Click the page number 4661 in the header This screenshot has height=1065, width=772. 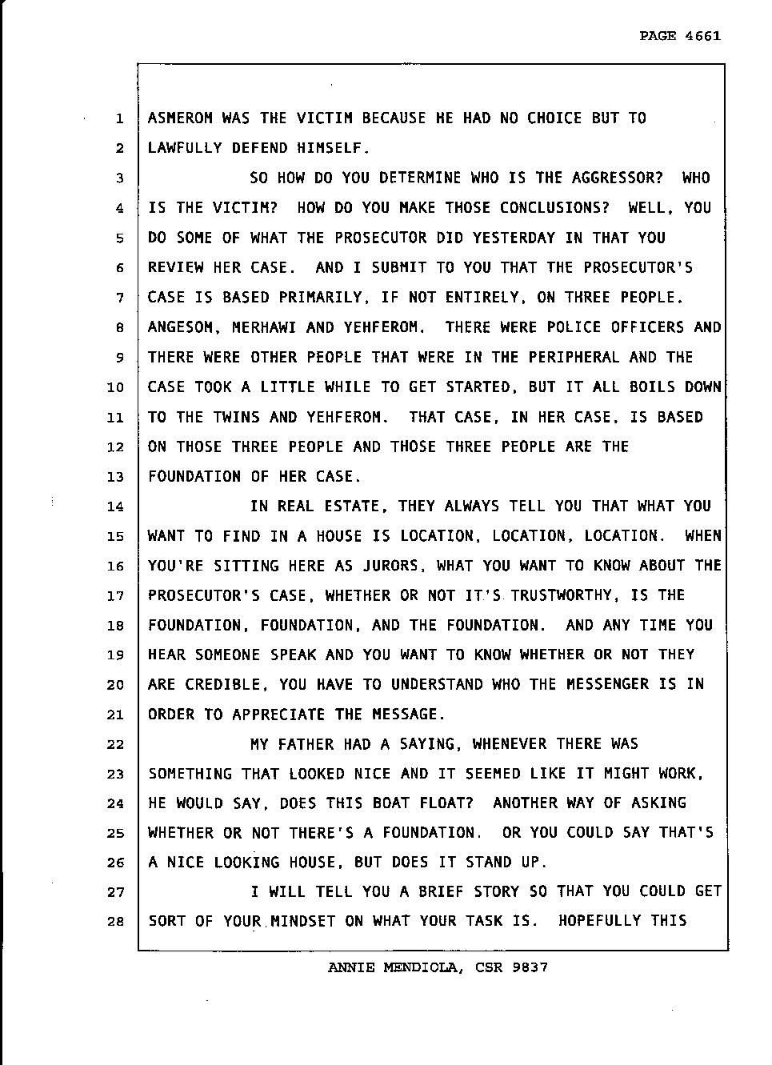pos(703,36)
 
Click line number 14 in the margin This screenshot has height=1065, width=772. pos(115,506)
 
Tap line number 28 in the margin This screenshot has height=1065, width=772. pos(115,922)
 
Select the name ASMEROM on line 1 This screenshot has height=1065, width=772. pos(181,118)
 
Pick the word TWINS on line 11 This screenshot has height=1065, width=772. pos(237,417)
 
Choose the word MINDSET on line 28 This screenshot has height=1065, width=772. pos(303,921)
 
